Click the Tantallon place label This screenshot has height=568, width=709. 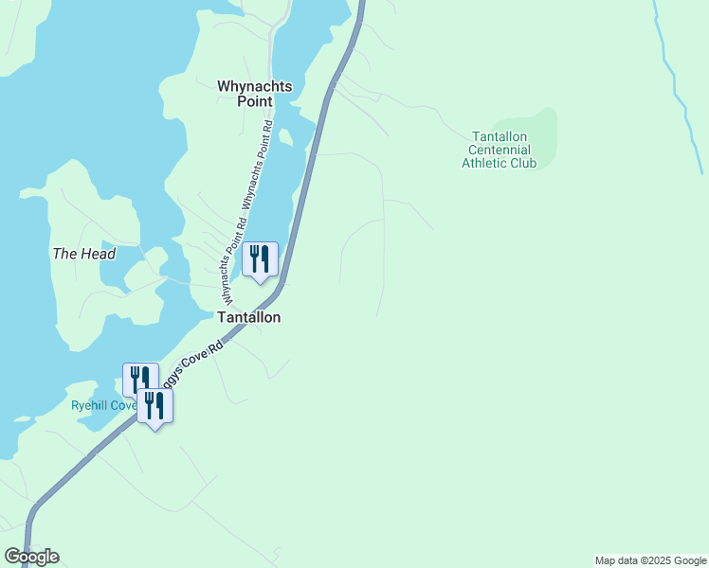coord(249,317)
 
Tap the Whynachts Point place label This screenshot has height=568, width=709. coord(255,93)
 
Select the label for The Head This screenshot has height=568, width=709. coord(84,254)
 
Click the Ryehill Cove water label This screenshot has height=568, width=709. coord(102,405)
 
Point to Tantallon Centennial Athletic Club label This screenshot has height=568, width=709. coord(499,150)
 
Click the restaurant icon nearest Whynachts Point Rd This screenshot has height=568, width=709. coord(260,259)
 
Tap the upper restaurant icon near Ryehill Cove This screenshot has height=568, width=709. coord(139,379)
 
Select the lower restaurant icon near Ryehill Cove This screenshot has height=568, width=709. coord(155,405)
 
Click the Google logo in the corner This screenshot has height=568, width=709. coord(32,556)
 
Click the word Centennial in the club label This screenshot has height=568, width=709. coord(499,150)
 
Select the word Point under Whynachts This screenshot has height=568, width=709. coord(255,101)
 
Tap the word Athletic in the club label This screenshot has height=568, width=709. coord(483,163)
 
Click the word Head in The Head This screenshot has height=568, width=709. coord(98,254)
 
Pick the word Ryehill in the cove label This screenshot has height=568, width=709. coord(91,405)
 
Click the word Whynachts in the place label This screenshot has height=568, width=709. coord(255,85)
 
